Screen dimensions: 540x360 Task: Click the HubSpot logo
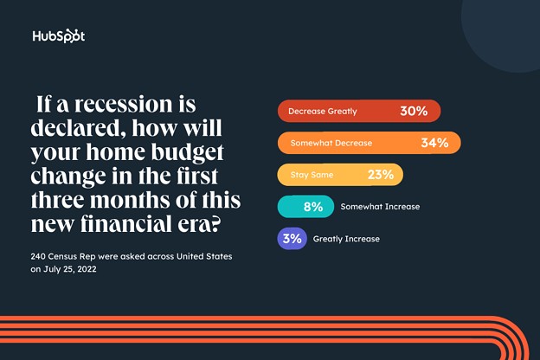pos(59,35)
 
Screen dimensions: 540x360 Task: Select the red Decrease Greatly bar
pos(359,111)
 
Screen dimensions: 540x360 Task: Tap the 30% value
pos(414,111)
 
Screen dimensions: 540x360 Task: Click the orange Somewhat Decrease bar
pos(370,143)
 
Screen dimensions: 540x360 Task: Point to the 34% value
pos(434,143)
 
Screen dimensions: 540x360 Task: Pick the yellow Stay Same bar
pos(340,175)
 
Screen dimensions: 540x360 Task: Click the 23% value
pos(381,175)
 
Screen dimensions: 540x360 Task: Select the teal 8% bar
pos(305,207)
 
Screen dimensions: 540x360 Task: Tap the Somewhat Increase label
pos(380,207)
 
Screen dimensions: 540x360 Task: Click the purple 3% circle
pos(292,238)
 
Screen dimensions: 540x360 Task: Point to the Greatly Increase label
pos(346,239)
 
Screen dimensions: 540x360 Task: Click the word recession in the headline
pos(124,104)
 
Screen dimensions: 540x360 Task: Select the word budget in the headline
pos(187,152)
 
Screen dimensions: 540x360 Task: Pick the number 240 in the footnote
pos(38,257)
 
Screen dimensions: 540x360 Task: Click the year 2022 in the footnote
pos(87,269)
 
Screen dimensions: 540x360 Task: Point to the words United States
pos(204,257)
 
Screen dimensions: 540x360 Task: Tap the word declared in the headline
pos(79,128)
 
